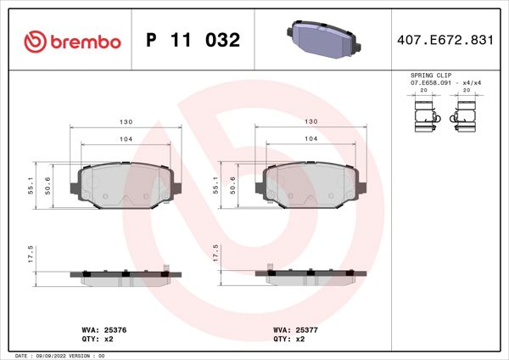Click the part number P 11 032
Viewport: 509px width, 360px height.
pos(193,41)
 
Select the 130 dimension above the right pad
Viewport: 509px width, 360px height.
pos(310,122)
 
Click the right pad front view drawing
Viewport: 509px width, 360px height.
pos(311,183)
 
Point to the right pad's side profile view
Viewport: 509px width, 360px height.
pos(311,276)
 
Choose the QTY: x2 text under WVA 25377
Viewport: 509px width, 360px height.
pos(288,338)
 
